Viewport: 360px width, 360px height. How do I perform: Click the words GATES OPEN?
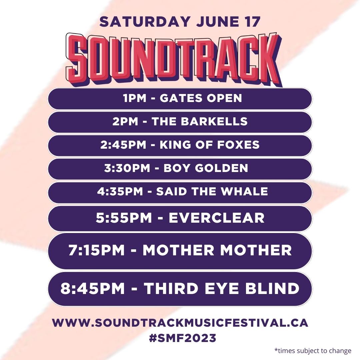coord(201,98)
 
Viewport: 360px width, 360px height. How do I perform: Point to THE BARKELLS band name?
coord(200,122)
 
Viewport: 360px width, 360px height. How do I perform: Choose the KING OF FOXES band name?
coord(209,145)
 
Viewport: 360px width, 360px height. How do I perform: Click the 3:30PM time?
coord(127,168)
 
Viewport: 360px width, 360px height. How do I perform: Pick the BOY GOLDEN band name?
coord(206,168)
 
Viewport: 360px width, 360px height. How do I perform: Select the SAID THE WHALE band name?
coord(212,192)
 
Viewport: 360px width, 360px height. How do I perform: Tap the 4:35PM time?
coord(120,192)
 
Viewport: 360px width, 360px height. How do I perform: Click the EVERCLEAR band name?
coord(217,218)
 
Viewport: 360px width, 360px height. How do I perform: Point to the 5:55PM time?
coord(124,218)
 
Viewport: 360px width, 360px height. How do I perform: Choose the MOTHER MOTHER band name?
coord(217,250)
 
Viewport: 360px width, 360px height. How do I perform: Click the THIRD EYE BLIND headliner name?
coord(221,288)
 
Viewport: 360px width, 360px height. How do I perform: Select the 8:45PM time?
coord(92,288)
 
